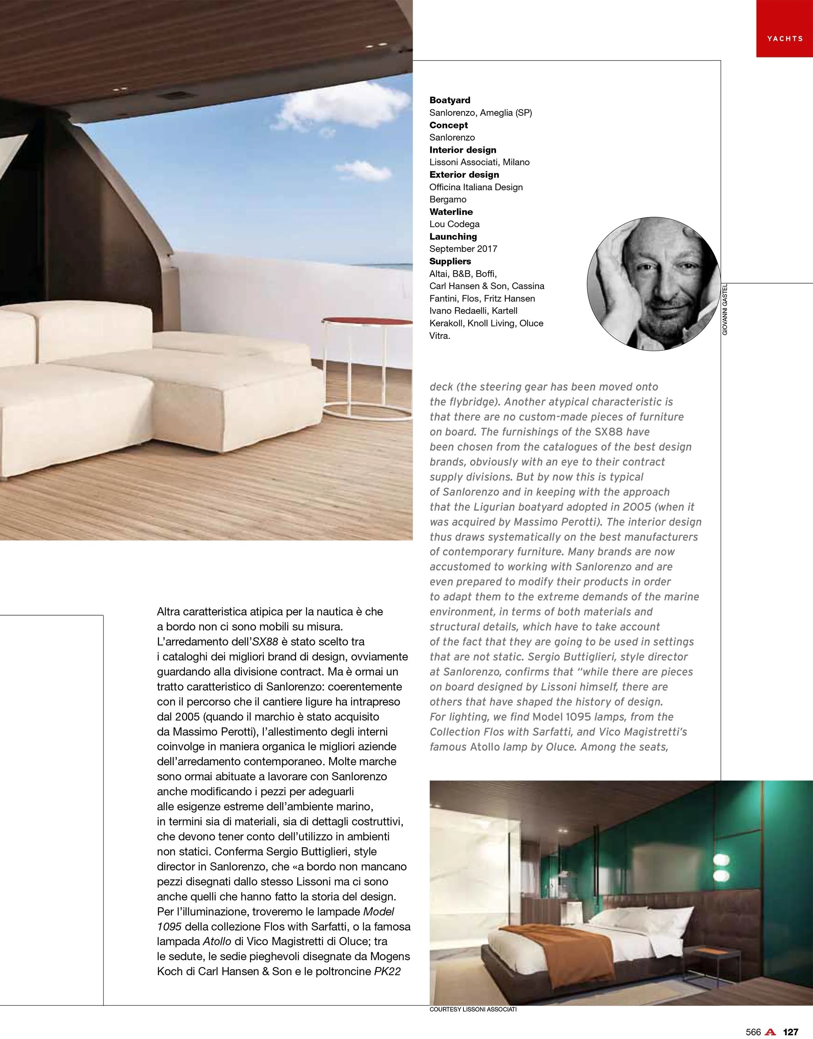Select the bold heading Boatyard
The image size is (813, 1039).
tap(450, 100)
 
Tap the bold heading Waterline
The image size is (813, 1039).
tap(451, 212)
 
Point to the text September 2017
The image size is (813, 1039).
tap(463, 249)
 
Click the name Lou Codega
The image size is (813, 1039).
tap(454, 224)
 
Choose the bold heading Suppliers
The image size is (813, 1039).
tap(450, 261)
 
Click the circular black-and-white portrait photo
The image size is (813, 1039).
tap(654, 284)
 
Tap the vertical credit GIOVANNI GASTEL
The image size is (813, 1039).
tap(724, 309)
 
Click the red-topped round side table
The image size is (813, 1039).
tap(367, 321)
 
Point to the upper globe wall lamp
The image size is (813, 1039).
tap(722, 860)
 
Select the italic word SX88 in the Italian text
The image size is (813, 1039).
tap(265, 642)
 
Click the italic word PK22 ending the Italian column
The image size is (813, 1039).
tap(387, 972)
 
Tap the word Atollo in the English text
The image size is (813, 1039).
tap(485, 747)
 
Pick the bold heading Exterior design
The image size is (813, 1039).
tap(464, 175)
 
